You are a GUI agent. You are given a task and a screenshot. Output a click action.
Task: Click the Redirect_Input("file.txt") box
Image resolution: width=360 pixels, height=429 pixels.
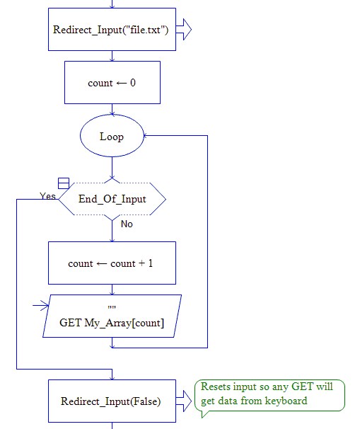pos(112,30)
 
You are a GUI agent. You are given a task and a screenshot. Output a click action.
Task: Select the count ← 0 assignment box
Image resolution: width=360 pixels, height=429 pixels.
pos(112,83)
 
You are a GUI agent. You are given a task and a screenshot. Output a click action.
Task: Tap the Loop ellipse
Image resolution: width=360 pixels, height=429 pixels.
pos(112,137)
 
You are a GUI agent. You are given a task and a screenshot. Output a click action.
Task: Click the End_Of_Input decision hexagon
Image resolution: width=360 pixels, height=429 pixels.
pos(112,199)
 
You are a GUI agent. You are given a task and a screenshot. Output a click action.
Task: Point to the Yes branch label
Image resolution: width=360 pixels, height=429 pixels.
pos(48,196)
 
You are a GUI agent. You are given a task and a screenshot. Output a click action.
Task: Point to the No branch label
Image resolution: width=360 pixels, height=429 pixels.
pos(127,224)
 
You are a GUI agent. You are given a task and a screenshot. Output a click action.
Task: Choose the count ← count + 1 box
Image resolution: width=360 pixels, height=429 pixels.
pos(112,263)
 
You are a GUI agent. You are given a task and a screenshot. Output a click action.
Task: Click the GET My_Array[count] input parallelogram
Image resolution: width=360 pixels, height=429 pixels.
pos(112,316)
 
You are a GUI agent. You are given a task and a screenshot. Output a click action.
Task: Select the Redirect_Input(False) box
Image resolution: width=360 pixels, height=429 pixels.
pos(112,401)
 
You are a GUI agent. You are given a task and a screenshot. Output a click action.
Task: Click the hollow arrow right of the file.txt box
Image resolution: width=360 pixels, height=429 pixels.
pos(183,30)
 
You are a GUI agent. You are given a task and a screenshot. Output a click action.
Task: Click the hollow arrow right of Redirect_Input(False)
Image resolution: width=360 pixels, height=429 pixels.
pos(183,401)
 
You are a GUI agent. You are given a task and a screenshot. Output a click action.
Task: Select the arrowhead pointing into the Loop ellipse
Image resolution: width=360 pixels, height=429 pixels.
pos(146,136)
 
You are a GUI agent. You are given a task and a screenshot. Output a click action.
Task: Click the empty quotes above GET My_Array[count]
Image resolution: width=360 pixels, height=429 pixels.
pos(112,309)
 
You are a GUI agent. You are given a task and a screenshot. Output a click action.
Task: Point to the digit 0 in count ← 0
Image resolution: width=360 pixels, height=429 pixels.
pos(132,83)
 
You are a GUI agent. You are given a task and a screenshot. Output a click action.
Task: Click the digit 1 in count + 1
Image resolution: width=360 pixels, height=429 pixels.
pos(151,263)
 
